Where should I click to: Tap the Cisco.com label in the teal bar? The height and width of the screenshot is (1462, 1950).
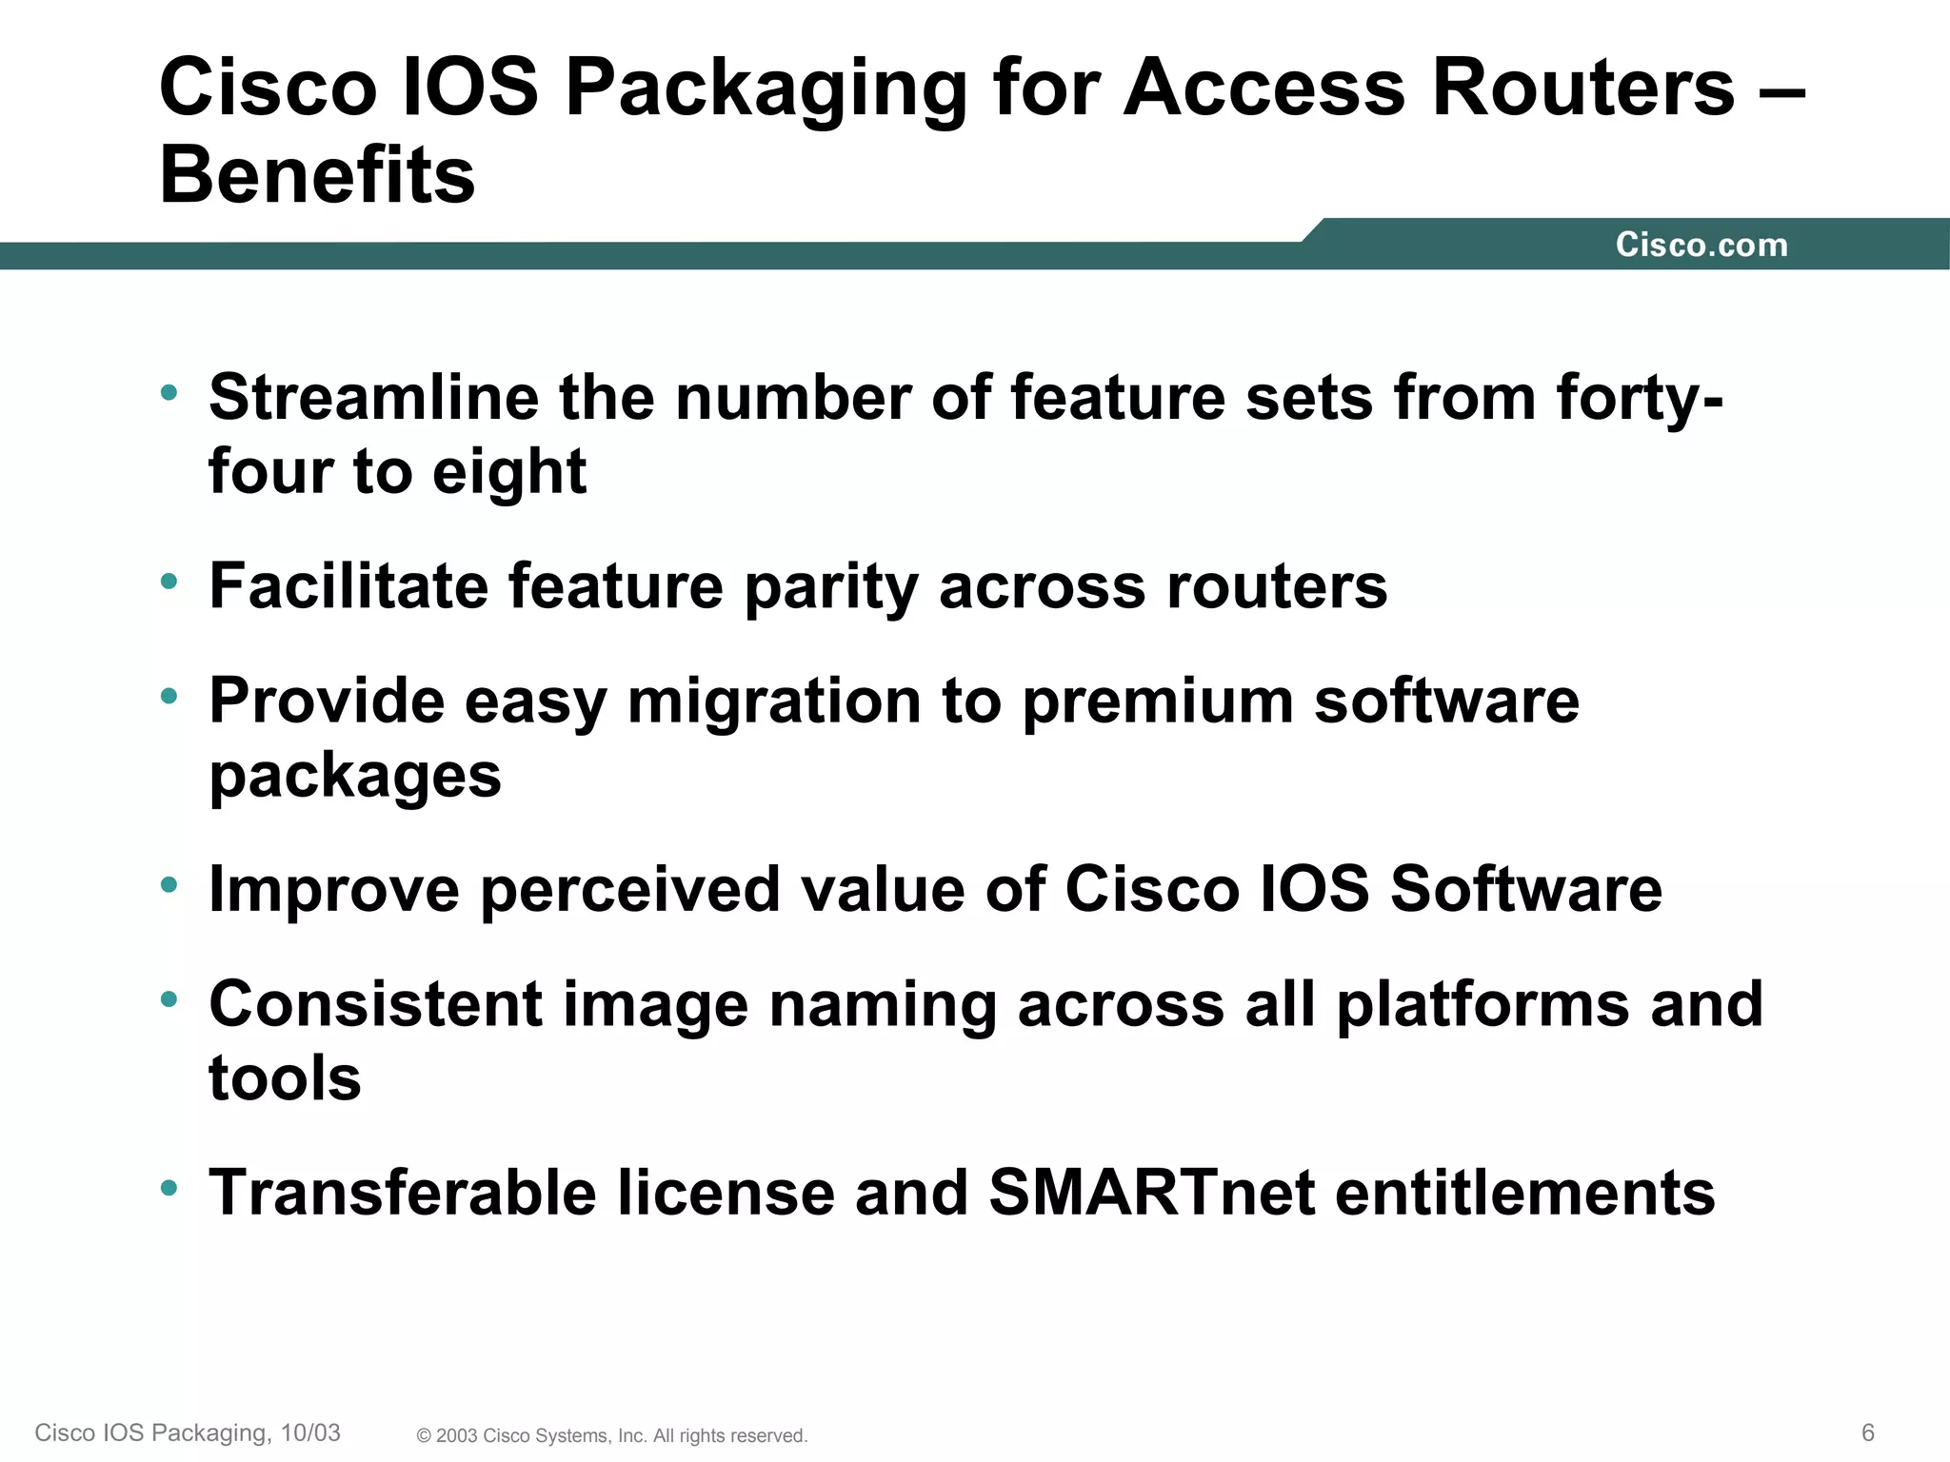1701,245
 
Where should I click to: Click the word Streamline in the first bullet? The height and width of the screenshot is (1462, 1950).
373,397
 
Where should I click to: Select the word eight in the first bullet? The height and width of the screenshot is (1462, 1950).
509,472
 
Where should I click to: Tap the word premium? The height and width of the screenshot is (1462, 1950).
1157,702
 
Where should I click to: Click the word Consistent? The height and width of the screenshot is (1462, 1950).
375,1004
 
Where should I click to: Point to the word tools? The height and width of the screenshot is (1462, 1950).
285,1078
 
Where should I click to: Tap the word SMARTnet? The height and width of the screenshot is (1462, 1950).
1151,1193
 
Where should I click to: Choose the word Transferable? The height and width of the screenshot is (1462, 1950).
403,1193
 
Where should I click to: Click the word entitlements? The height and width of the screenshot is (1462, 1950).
1525,1193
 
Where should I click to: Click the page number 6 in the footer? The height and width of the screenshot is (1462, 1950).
1867,1432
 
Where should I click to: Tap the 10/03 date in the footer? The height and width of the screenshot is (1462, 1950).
310,1432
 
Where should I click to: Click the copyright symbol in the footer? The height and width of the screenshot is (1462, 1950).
424,1436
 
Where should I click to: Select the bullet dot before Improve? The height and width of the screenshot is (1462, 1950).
169,885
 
